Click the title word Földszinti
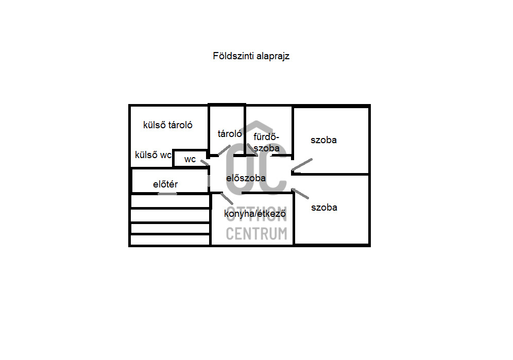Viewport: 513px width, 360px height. tap(233, 56)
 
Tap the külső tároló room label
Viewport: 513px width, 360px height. tap(167, 125)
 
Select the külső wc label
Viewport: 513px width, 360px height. tap(153, 155)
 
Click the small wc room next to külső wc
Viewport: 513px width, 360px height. tap(190, 159)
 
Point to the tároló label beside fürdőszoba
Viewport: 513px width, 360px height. tap(230, 133)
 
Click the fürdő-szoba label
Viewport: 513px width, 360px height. tap(266, 142)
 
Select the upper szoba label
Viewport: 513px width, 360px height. tap(323, 140)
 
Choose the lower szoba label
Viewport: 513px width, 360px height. tap(324, 208)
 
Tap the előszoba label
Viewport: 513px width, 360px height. tap(246, 178)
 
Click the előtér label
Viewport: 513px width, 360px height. tap(165, 184)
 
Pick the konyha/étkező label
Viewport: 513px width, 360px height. tap(255, 214)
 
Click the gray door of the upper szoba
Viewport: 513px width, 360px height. tap(302, 165)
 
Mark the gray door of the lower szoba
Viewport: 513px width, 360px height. tap(300, 194)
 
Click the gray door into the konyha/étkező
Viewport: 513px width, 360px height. tap(227, 199)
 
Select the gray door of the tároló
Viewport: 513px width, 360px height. tap(224, 150)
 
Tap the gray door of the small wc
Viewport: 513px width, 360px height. tap(204, 163)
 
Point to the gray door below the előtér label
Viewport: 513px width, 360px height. tap(167, 194)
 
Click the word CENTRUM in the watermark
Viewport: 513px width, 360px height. tap(256, 234)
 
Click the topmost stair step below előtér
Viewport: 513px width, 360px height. tap(170, 201)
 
